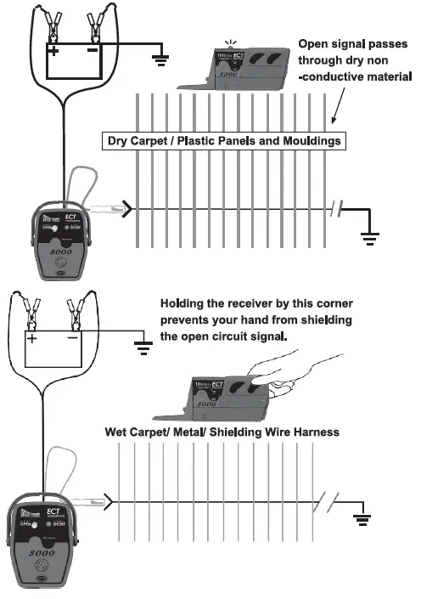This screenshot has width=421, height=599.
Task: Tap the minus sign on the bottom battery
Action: click(73, 338)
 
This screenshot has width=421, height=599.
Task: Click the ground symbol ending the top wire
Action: click(369, 236)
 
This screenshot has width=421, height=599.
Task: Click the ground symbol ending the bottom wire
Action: click(362, 517)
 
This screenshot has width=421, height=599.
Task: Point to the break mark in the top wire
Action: click(336, 208)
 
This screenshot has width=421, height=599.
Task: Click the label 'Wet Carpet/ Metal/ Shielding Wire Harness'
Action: click(222, 432)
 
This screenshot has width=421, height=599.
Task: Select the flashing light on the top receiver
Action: click(227, 42)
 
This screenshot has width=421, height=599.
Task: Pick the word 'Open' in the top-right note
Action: click(313, 43)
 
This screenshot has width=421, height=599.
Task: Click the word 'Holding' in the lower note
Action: click(184, 303)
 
